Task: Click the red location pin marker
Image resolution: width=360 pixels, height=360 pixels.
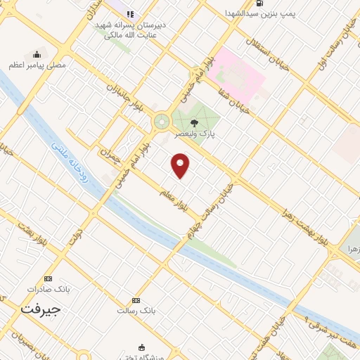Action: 181,165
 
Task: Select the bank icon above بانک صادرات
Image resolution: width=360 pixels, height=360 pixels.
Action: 47,278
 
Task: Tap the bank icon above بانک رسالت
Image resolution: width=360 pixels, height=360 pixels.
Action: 135,300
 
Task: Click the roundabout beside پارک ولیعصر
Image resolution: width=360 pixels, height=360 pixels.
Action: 162,122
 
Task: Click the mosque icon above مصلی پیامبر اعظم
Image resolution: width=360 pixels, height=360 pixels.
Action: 37,54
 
